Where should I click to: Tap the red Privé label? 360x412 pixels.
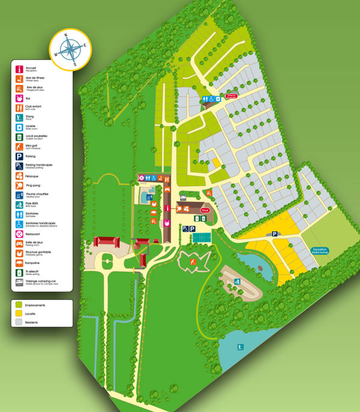205,211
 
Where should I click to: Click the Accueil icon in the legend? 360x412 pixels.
20,68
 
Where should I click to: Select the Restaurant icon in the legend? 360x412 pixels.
20,233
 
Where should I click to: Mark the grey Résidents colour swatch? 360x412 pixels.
19,323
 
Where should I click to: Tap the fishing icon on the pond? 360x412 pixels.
240,347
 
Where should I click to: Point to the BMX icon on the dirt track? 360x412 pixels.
237,281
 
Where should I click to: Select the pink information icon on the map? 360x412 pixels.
167,208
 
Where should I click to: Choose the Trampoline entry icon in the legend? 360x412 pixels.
20,262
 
